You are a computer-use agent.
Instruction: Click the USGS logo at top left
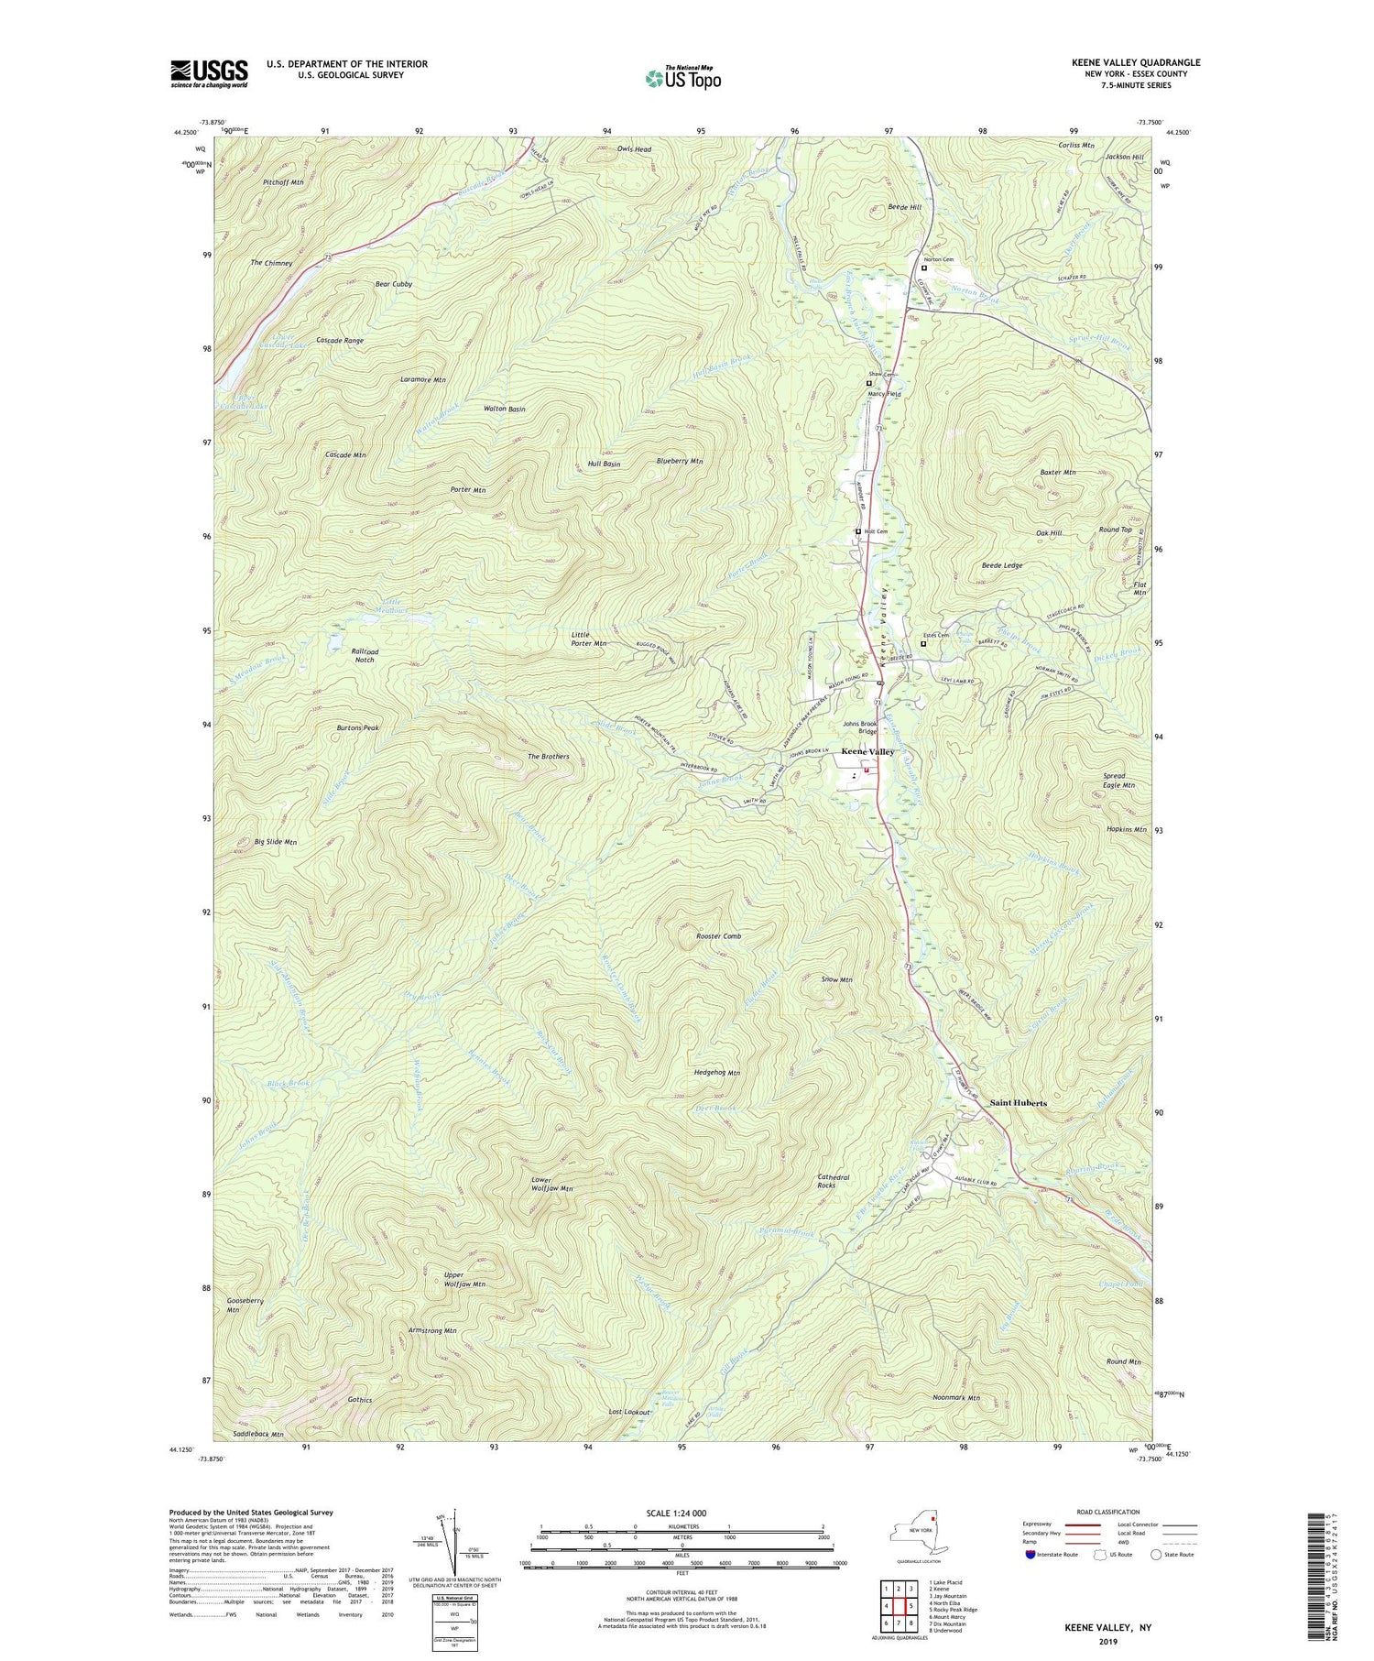click(x=209, y=73)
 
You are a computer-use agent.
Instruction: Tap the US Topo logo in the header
click(x=682, y=79)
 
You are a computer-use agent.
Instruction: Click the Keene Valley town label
click(x=867, y=751)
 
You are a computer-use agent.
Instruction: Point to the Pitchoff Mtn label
click(x=283, y=182)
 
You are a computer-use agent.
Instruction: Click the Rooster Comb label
click(x=718, y=936)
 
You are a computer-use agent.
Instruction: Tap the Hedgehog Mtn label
click(x=717, y=1072)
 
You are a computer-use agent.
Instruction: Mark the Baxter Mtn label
click(x=1057, y=472)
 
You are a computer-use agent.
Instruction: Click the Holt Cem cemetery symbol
click(x=858, y=531)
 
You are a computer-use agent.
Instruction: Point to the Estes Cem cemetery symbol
click(x=923, y=643)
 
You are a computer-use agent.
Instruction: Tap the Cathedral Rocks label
click(x=834, y=1182)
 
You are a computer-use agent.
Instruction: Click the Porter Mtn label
click(x=467, y=490)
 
